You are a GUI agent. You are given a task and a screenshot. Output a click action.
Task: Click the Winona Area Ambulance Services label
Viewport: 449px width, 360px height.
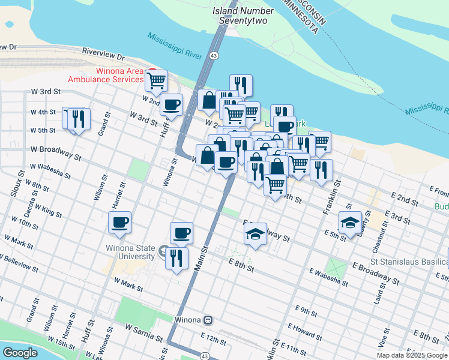click(113, 74)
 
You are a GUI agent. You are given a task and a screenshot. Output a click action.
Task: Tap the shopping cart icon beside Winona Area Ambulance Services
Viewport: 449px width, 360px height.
click(156, 80)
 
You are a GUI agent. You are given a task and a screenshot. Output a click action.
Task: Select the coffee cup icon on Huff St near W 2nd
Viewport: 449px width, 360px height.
click(172, 105)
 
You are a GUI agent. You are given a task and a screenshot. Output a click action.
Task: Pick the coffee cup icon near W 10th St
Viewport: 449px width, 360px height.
click(119, 223)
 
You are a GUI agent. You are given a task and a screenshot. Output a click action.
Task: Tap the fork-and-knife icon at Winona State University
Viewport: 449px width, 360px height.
click(176, 258)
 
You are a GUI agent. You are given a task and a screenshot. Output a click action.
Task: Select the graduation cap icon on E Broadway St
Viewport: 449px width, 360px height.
click(255, 233)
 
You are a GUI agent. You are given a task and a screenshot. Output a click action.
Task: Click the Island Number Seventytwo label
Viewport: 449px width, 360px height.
click(240, 16)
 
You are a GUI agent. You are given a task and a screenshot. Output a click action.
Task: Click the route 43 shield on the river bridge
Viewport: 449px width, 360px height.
click(214, 56)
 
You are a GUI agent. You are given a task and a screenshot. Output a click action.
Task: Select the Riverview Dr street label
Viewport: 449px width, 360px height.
click(103, 56)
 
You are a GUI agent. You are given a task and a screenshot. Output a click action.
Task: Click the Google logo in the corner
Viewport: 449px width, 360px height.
click(20, 353)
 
